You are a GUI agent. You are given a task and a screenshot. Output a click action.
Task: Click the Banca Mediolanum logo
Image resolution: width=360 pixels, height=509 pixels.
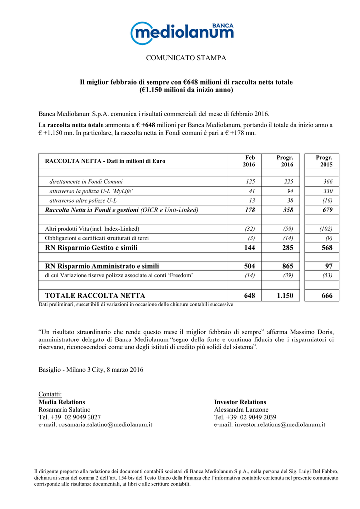[x=181, y=33]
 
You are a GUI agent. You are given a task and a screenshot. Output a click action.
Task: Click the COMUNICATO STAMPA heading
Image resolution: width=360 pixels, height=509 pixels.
[x=186, y=58]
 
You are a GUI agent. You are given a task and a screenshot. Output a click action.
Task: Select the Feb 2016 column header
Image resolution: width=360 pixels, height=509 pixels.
[x=249, y=161]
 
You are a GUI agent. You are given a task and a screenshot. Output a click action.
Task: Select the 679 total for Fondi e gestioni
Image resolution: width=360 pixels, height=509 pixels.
[x=327, y=210]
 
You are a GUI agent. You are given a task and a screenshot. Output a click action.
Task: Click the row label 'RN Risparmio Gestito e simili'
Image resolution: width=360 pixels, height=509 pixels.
[x=91, y=247]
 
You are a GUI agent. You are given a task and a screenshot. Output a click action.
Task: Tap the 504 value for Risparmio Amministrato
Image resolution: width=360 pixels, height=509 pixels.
[x=249, y=266]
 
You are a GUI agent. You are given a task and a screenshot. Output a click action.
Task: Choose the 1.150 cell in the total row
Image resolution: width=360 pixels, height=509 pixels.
[x=285, y=295]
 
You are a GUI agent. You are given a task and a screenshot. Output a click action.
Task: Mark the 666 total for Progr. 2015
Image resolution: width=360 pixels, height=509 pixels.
[x=327, y=295]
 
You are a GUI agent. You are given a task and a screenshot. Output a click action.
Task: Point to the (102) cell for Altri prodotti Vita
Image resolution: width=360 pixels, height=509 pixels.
[x=325, y=229]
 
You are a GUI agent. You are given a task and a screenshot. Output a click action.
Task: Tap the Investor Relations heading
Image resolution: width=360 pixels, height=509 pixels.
[x=240, y=402]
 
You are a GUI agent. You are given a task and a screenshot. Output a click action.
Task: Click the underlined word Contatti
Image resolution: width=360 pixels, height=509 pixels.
[x=50, y=394]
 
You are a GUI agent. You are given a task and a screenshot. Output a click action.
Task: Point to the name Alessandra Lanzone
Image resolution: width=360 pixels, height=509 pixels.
[x=241, y=409]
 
